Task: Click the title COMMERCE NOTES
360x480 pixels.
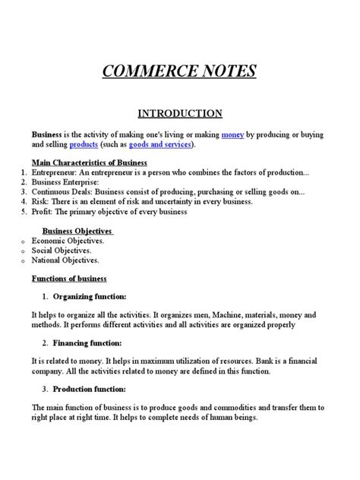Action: (x=179, y=72)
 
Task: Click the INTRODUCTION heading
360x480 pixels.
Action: (x=179, y=114)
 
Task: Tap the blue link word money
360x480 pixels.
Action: (x=233, y=134)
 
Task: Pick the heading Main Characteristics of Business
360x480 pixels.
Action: (x=89, y=163)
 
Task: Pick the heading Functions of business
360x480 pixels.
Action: (x=69, y=279)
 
